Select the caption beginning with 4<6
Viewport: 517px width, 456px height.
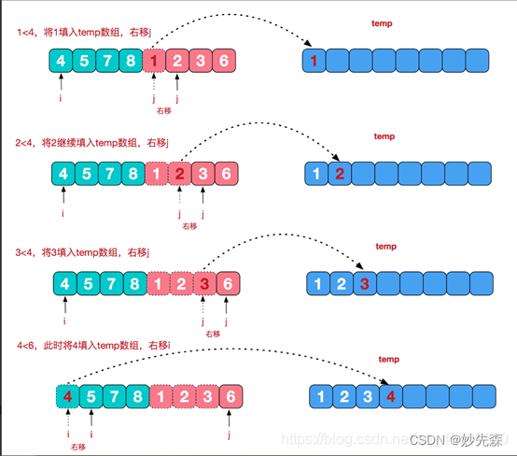91,346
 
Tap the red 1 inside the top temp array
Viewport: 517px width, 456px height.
315,62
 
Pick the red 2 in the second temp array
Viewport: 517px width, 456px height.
341,174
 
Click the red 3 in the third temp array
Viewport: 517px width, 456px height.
365,284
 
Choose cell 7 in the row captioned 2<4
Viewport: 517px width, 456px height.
110,174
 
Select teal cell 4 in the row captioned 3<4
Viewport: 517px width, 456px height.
63,284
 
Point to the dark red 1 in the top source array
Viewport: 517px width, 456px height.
156,62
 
